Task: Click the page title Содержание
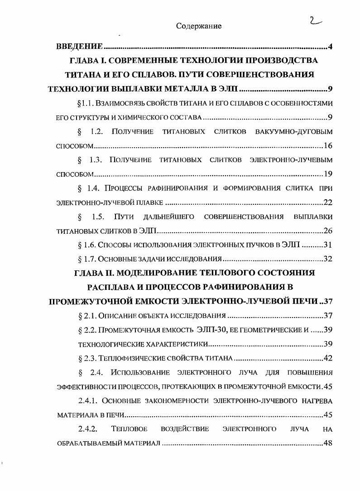[x=199, y=26]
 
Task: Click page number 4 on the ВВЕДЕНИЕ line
[x=331, y=47]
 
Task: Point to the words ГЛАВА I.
[x=88, y=60]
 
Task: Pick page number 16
[x=328, y=146]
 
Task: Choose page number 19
[x=328, y=174]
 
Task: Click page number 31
[x=328, y=245]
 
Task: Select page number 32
[x=328, y=259]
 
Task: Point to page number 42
[x=328, y=358]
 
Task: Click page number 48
[x=328, y=443]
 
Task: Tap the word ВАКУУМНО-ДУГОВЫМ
[x=294, y=132]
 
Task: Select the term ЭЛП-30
[x=211, y=330]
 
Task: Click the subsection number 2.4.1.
[x=89, y=400]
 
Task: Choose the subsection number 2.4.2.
[x=89, y=428]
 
